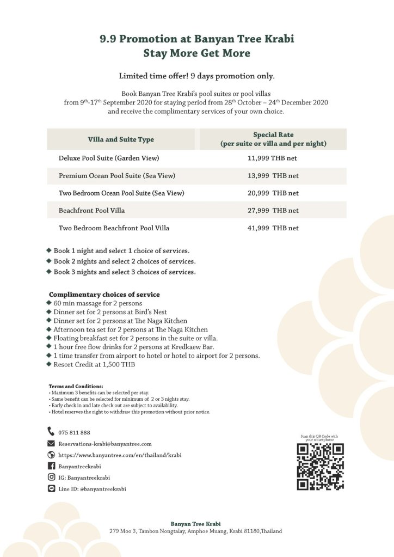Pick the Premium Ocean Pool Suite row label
[116, 176]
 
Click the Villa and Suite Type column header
[121, 139]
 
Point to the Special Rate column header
[273, 139]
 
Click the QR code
[320, 467]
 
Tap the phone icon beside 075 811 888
[52, 432]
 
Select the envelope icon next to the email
[52, 444]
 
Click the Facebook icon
[52, 466]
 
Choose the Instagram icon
[52, 478]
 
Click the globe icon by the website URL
[52, 455]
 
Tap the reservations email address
[104, 444]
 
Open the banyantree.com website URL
[119, 455]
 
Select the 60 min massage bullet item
[97, 303]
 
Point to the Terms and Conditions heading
[76, 386]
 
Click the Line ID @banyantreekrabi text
[92, 489]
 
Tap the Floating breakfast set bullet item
[136, 338]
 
